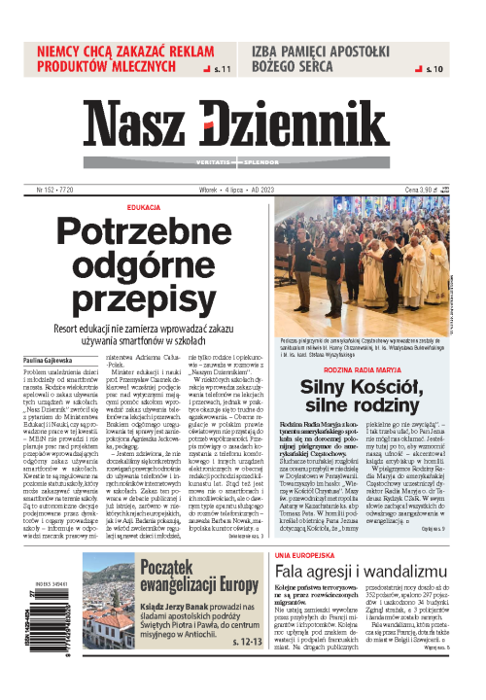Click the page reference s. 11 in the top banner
pos(226,70)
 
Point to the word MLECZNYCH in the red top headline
pos(168,68)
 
